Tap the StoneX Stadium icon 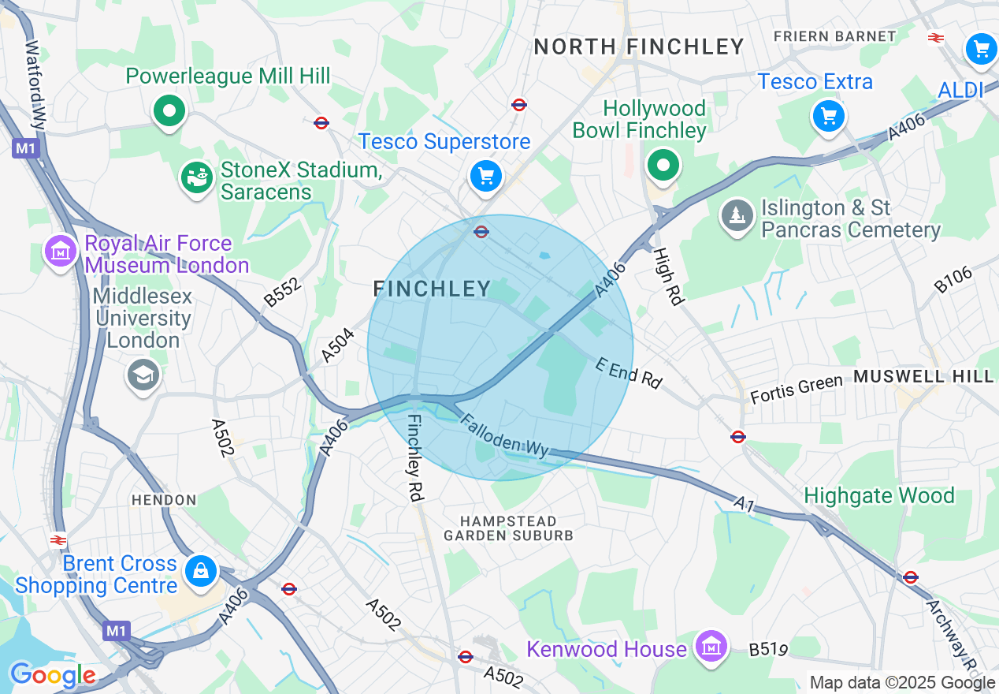tap(196, 178)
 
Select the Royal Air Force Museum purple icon tap(60, 252)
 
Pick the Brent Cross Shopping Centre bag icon tap(201, 572)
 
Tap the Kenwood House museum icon tap(711, 647)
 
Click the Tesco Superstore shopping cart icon tap(485, 176)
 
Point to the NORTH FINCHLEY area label tap(639, 47)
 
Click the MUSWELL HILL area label tap(923, 377)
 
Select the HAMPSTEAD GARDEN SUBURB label tap(509, 528)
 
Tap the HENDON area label tap(164, 500)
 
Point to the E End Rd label tap(628, 373)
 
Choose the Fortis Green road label tap(796, 389)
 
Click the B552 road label tap(282, 293)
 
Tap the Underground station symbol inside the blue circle tap(481, 232)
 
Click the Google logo tap(52, 675)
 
